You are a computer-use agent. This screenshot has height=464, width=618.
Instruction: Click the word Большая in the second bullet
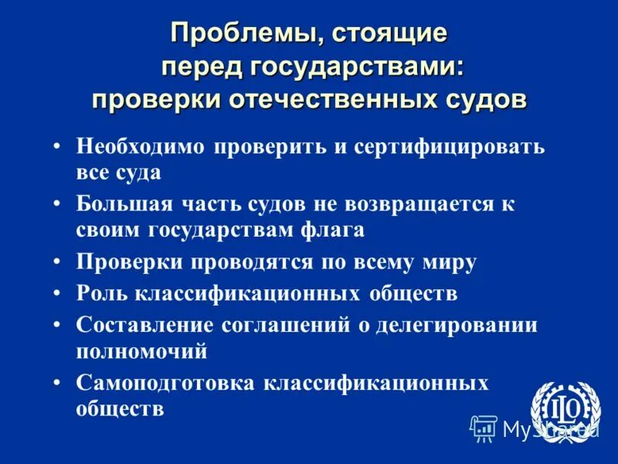pos(117,204)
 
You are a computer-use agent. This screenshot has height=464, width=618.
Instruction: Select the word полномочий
pos(141,350)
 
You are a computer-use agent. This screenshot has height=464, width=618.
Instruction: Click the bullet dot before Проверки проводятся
pos(58,262)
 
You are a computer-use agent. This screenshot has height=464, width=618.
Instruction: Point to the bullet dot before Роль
pos(58,294)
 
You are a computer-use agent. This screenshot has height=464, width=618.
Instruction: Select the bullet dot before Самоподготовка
pos(58,383)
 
